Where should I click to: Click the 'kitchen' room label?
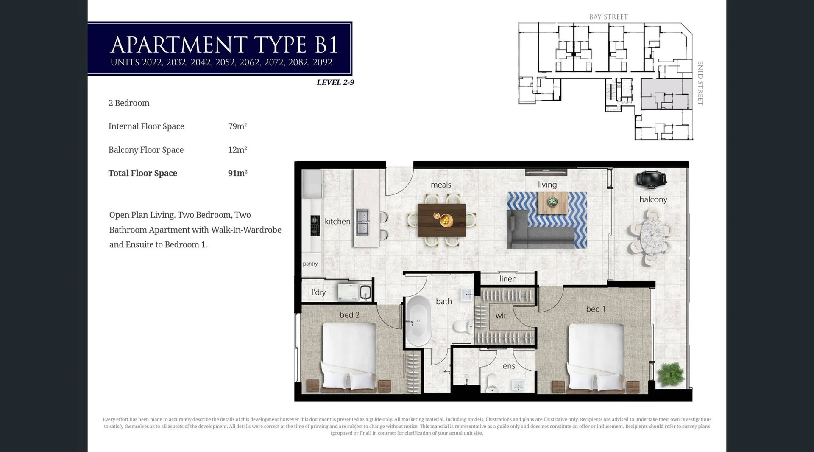(x=337, y=221)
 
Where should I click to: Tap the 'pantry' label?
(x=310, y=264)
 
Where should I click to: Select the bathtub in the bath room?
(x=418, y=321)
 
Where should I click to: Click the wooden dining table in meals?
(x=441, y=220)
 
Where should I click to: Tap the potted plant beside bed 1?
(x=670, y=374)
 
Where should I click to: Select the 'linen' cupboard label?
(x=507, y=279)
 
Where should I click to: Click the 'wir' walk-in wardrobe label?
(x=501, y=315)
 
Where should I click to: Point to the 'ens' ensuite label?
(x=508, y=366)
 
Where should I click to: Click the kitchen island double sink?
(x=362, y=222)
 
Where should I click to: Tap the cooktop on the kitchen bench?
(x=315, y=225)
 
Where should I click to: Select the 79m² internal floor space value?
(x=237, y=126)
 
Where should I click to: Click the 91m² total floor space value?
(x=237, y=173)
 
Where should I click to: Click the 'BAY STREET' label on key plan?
(x=608, y=17)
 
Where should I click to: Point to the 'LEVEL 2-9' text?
(x=335, y=82)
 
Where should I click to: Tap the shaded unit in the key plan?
(x=666, y=94)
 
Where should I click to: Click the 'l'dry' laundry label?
(x=318, y=292)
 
